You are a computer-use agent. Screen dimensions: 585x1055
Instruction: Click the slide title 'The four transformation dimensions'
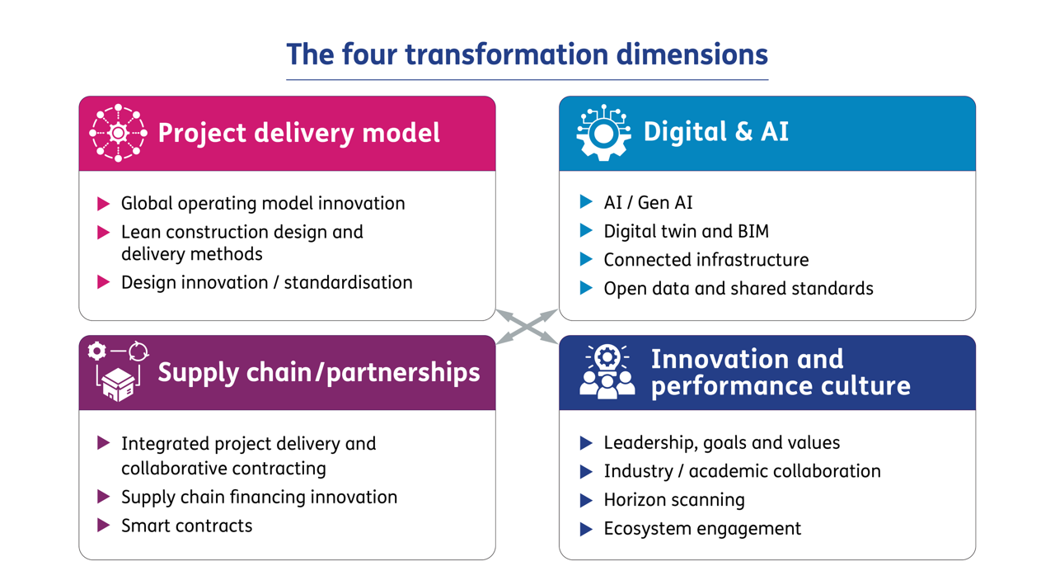pyautogui.click(x=527, y=54)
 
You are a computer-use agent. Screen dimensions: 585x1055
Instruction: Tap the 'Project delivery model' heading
pyautogui.click(x=298, y=133)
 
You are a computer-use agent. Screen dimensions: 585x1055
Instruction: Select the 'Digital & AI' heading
pyautogui.click(x=715, y=132)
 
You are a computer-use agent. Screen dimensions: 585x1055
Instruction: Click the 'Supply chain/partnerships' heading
pyautogui.click(x=318, y=372)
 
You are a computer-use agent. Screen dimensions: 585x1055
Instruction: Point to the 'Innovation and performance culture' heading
pyautogui.click(x=780, y=372)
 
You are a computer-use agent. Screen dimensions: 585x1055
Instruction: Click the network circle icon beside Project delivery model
pyautogui.click(x=118, y=133)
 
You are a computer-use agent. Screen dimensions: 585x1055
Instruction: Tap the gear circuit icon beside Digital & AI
pyautogui.click(x=603, y=132)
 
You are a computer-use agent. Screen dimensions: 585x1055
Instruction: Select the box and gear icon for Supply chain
pyautogui.click(x=118, y=372)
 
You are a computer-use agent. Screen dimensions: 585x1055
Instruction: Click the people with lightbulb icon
pyautogui.click(x=607, y=372)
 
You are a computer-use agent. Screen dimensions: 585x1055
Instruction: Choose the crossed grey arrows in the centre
pyautogui.click(x=527, y=327)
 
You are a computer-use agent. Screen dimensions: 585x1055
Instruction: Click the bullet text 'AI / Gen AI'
pyautogui.click(x=648, y=202)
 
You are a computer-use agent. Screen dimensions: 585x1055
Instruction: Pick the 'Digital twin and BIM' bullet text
pyautogui.click(x=686, y=231)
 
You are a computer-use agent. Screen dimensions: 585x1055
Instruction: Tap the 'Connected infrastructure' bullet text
pyautogui.click(x=706, y=260)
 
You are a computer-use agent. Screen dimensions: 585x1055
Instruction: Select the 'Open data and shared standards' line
pyautogui.click(x=738, y=289)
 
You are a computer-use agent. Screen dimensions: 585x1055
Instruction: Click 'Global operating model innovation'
pyautogui.click(x=263, y=203)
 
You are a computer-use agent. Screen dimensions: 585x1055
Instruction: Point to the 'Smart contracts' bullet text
pyautogui.click(x=186, y=526)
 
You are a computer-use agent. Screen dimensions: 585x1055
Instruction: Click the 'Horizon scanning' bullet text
pyautogui.click(x=673, y=500)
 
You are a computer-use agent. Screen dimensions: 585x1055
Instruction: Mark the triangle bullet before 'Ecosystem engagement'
pyautogui.click(x=586, y=529)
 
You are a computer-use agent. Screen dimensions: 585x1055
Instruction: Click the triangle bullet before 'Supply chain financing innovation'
pyautogui.click(x=104, y=497)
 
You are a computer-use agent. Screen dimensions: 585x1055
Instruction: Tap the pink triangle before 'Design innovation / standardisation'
pyautogui.click(x=104, y=282)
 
